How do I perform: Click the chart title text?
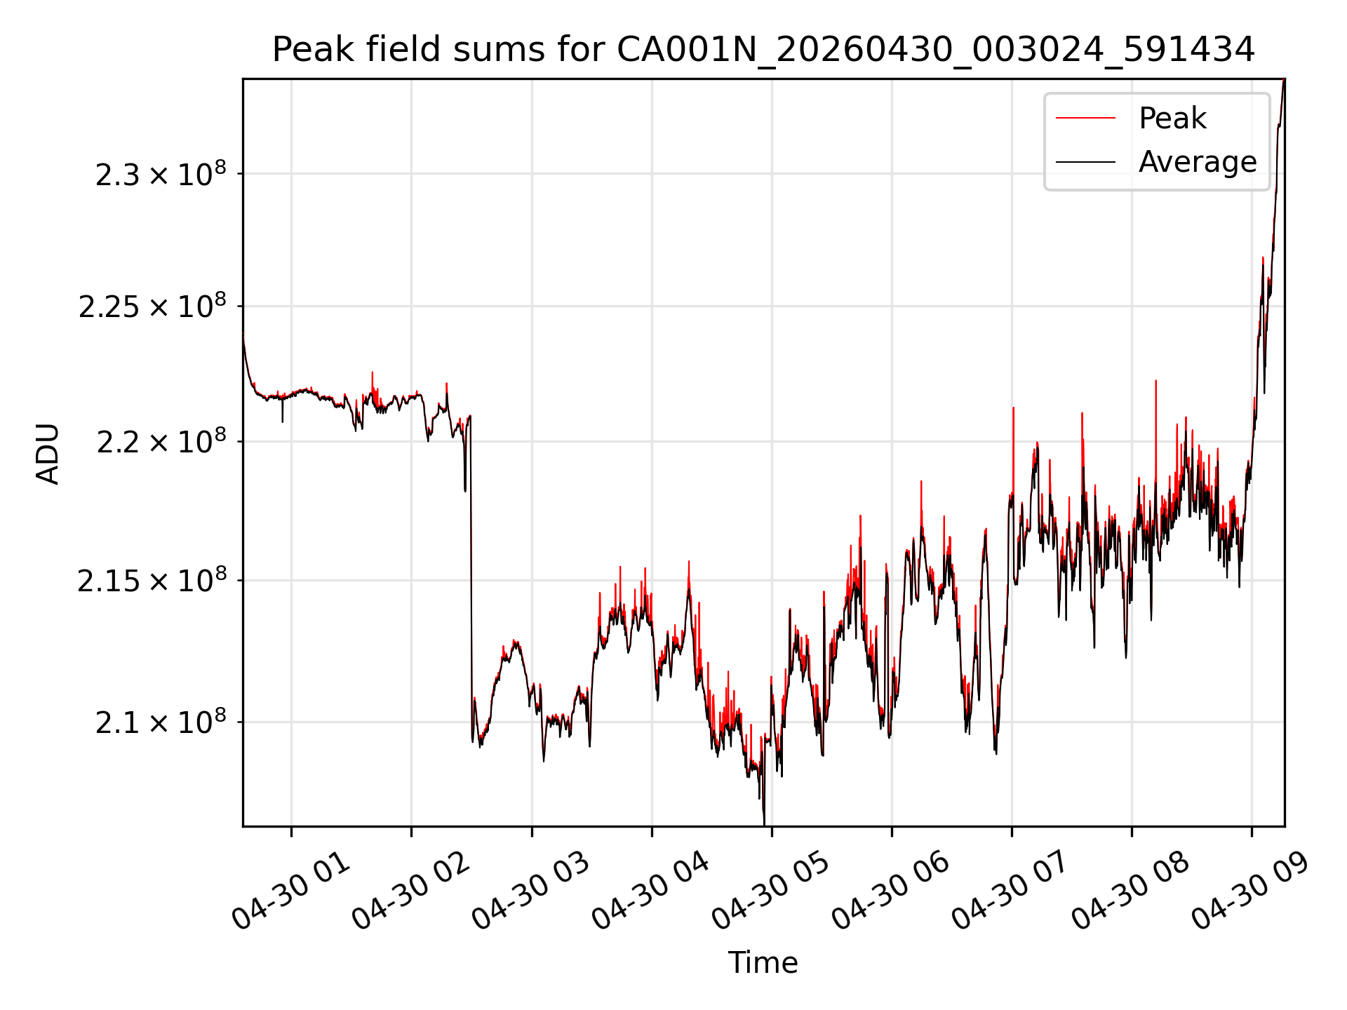pyautogui.click(x=763, y=50)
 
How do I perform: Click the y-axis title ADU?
pyautogui.click(x=48, y=454)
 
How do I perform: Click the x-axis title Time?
pyautogui.click(x=763, y=962)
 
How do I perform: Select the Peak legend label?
pyautogui.click(x=1172, y=118)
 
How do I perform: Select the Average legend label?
pyautogui.click(x=1198, y=162)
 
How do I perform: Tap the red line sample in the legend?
pyautogui.click(x=1085, y=118)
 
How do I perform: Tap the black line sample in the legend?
pyautogui.click(x=1085, y=162)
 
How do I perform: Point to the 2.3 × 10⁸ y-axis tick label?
pyautogui.click(x=161, y=173)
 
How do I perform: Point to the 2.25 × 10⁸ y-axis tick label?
pyautogui.click(x=152, y=306)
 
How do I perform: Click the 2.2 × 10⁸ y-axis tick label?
pyautogui.click(x=161, y=441)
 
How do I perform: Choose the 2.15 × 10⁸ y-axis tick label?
pyautogui.click(x=152, y=580)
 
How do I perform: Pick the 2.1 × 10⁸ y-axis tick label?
pyautogui.click(x=161, y=722)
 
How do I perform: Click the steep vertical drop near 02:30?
pyautogui.click(x=471, y=575)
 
